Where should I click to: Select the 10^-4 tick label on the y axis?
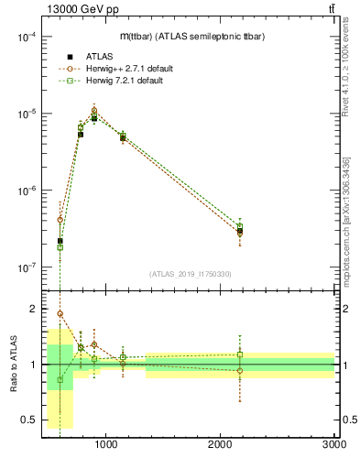pyautogui.click(x=26, y=37)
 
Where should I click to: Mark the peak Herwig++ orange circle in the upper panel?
pyautogui.click(x=93, y=110)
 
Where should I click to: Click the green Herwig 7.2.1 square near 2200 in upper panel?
pyautogui.click(x=240, y=226)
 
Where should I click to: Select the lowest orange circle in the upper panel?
pyautogui.click(x=240, y=234)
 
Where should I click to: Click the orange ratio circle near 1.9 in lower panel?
pyautogui.click(x=60, y=313)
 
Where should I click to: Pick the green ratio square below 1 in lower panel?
pyautogui.click(x=60, y=379)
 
